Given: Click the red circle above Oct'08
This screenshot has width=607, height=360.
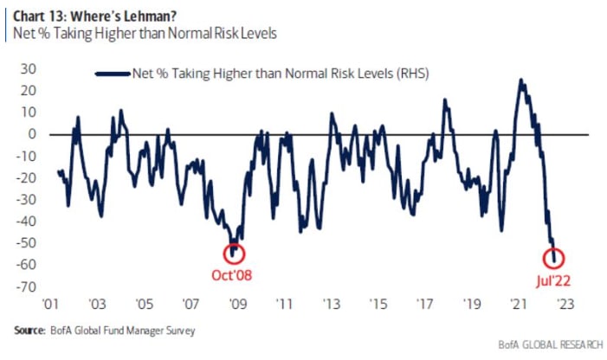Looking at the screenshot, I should [234, 254].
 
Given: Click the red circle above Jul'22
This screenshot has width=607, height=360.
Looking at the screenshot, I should [555, 258].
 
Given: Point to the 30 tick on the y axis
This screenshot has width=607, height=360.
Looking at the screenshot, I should [28, 68].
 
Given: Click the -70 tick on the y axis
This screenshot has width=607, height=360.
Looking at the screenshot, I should [25, 286].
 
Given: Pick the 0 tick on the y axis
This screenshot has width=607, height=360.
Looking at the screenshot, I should [31, 134].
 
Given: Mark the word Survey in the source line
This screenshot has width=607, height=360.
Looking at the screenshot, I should [178, 331].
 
